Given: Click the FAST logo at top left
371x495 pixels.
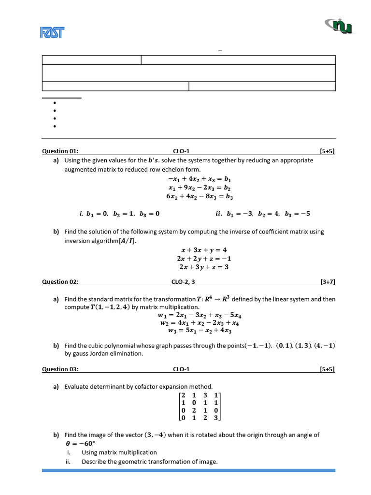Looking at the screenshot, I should click(x=52, y=32).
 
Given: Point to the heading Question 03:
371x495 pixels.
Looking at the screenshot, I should click(x=60, y=369).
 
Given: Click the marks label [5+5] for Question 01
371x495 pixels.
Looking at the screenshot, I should click(x=327, y=151).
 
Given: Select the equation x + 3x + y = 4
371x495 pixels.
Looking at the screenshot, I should click(x=203, y=250).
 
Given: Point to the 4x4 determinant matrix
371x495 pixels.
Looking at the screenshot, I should click(x=200, y=407).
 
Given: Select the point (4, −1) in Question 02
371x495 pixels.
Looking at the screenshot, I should click(x=325, y=346).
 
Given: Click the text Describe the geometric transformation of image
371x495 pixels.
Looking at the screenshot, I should click(x=149, y=462).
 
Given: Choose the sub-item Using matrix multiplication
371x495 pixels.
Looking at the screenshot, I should click(x=119, y=452).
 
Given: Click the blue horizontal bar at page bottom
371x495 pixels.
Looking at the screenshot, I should click(x=188, y=470).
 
